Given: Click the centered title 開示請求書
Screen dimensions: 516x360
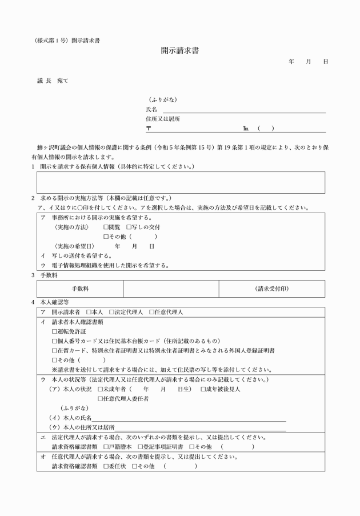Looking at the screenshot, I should pyautogui.click(x=180, y=51).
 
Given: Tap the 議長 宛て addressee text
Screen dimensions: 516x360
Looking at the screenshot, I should pyautogui.click(x=53, y=82).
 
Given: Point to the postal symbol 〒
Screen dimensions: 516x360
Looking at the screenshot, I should pyautogui.click(x=149, y=128).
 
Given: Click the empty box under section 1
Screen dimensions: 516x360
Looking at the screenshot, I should pyautogui.click(x=181, y=182).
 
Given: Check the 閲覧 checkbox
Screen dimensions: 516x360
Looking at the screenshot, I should pyautogui.click(x=106, y=227).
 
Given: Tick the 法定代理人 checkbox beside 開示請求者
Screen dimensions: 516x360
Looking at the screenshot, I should pyautogui.click(x=113, y=313).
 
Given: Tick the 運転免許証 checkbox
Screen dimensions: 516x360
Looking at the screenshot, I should pyautogui.click(x=55, y=331).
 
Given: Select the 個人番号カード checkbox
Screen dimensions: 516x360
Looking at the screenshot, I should pyautogui.click(x=55, y=341).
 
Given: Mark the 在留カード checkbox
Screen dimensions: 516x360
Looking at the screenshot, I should pyautogui.click(x=55, y=350).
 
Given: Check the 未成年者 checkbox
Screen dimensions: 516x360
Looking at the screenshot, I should pyautogui.click(x=101, y=389).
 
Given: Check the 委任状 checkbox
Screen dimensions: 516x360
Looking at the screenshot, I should pyautogui.click(x=106, y=466).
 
